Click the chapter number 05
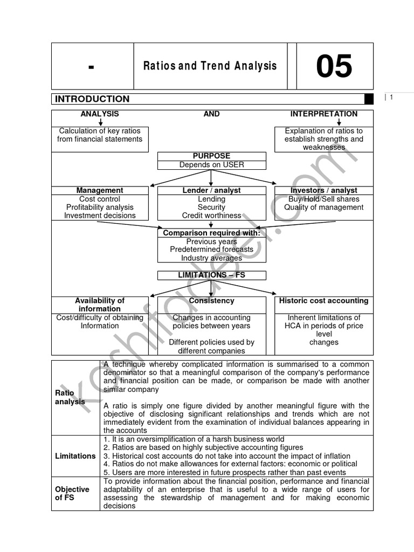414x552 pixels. [334, 66]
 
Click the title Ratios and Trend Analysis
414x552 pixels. [210, 66]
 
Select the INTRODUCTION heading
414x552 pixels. [92, 99]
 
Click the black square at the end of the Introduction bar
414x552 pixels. [369, 99]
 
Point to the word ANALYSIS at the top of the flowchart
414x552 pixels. [100, 114]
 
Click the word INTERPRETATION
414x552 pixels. [323, 114]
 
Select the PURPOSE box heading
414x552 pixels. [211, 156]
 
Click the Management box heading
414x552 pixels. [100, 190]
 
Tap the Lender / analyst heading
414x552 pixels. [211, 190]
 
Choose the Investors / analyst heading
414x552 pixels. [323, 190]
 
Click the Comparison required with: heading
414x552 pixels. [211, 233]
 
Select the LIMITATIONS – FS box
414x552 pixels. [211, 275]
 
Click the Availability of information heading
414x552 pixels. [100, 305]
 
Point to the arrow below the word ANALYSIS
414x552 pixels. [100, 122]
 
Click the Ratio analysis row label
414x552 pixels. [70, 397]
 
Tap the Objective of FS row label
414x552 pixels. [72, 493]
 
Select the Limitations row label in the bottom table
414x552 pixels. [75, 456]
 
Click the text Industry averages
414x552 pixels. [211, 258]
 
